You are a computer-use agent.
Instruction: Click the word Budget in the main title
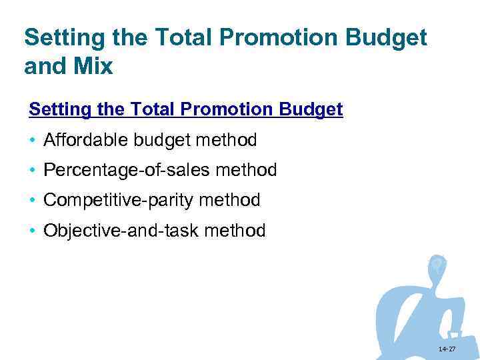click(385, 39)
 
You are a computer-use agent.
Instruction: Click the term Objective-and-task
click(121, 231)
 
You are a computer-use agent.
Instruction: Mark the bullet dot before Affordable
click(32, 141)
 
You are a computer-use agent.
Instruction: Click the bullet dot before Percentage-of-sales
click(32, 171)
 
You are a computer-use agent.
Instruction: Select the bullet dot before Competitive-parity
click(32, 201)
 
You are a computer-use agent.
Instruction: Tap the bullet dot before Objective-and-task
click(32, 231)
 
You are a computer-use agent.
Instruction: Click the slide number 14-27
click(447, 349)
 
